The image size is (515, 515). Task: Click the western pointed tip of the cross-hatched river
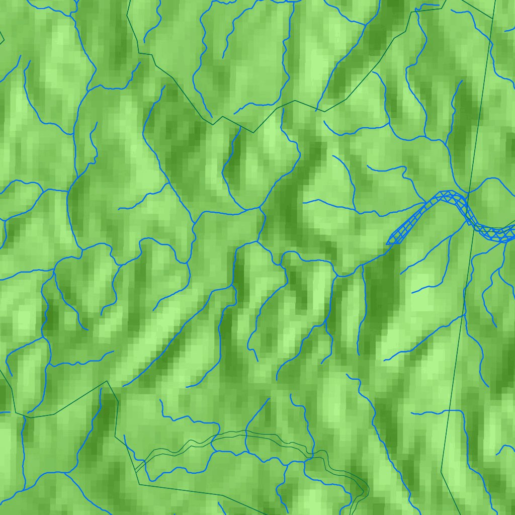(x=387, y=243)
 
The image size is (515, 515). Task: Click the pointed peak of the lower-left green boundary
(x=107, y=381)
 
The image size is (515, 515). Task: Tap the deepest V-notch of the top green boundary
(x=253, y=132)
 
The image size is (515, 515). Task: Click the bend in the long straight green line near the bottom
(x=441, y=471)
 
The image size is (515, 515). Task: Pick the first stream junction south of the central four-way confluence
(x=257, y=241)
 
